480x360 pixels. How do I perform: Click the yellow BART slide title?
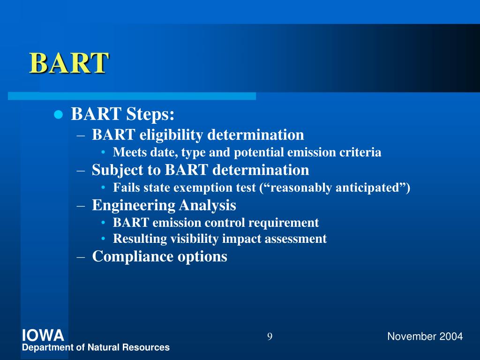pos(69,63)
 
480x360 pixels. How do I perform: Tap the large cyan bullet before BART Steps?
pos(58,115)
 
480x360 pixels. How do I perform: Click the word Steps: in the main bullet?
pos(150,114)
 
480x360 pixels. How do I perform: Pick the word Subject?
pos(118,170)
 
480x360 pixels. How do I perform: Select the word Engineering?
pos(134,205)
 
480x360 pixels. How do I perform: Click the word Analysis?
pos(208,205)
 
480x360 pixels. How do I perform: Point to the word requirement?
pos(284,223)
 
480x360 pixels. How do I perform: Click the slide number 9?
pos(270,337)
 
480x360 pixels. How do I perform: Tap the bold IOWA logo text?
pos(43,336)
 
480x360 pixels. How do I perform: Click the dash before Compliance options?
pos(81,257)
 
